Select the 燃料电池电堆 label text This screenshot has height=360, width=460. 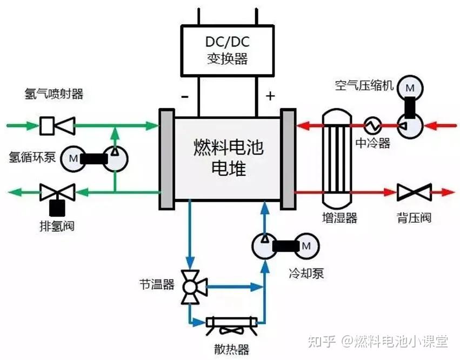pyautogui.click(x=228, y=157)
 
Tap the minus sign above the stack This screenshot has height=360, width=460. pyautogui.click(x=184, y=97)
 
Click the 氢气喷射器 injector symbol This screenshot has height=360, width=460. pyautogui.click(x=57, y=126)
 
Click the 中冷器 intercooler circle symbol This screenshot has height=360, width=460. pyautogui.click(x=372, y=126)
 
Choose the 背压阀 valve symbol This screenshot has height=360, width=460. pyautogui.click(x=414, y=192)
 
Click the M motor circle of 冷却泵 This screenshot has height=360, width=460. pyautogui.click(x=306, y=245)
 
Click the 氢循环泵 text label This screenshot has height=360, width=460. pyautogui.click(x=32, y=157)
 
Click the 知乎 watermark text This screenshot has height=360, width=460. pyautogui.click(x=322, y=341)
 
